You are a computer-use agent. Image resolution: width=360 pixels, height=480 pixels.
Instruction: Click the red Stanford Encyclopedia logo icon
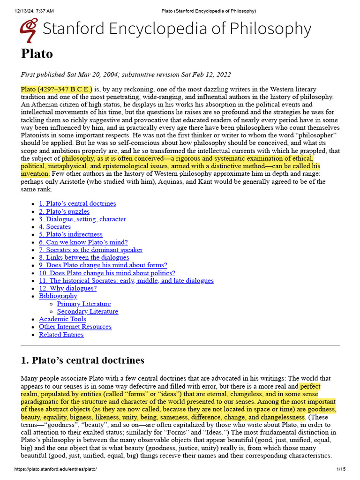29,30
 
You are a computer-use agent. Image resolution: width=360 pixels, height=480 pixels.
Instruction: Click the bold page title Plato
37,54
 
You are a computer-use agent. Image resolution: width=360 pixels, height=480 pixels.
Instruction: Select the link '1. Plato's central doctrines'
77,203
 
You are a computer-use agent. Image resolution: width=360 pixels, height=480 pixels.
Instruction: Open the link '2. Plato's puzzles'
64,211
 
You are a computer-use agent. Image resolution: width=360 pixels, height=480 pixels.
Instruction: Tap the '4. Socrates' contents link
55,226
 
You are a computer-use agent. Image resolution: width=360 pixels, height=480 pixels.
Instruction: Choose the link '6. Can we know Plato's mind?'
83,242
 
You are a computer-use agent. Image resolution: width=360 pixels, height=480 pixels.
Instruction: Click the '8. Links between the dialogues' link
84,257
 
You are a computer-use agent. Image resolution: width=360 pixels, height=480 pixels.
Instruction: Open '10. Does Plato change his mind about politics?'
107,273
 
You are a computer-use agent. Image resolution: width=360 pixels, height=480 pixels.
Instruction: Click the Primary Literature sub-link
84,304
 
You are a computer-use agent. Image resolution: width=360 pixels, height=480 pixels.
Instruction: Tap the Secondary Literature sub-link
88,311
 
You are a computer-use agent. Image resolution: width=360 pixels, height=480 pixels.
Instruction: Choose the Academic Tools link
62,319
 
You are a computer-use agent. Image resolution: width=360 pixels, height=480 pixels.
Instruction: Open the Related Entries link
61,335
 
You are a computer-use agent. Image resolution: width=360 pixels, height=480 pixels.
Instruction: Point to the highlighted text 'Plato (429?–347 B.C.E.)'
57,89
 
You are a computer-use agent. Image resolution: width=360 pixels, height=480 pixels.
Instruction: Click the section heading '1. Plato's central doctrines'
82,360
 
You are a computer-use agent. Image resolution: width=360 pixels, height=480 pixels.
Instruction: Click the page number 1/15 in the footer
341,469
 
